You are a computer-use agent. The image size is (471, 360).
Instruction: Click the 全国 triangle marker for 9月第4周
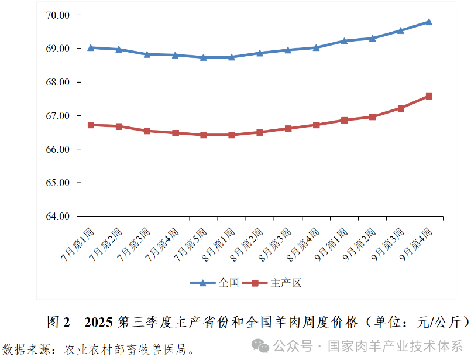coord(428,22)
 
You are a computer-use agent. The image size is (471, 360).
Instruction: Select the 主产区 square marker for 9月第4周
coord(428,96)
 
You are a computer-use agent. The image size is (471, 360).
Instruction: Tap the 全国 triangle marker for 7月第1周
coord(91,47)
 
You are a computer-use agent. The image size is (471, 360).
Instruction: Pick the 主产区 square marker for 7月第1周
coord(91,125)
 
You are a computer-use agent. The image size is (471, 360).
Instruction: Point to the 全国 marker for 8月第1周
coord(232,57)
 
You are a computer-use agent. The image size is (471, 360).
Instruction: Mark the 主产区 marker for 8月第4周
coord(316,125)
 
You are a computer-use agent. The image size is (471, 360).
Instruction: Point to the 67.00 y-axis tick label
coord(57,116)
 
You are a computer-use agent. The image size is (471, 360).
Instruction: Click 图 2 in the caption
coord(58,322)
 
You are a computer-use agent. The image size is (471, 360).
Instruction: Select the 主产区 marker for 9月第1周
coord(344,120)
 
